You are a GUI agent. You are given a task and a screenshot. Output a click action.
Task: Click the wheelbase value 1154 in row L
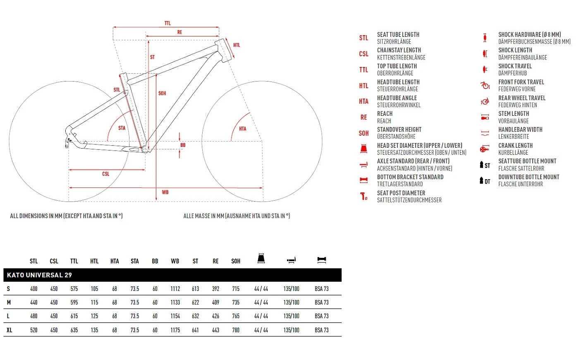coord(175,316)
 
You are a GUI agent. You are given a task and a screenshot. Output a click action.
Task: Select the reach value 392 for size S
coord(215,289)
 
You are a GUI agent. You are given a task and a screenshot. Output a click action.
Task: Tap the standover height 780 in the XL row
coord(236,330)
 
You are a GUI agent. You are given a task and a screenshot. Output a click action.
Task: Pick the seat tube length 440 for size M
coord(34,302)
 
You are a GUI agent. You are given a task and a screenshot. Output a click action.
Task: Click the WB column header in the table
coord(175,261)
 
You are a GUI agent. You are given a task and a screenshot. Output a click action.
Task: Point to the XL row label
coord(9,330)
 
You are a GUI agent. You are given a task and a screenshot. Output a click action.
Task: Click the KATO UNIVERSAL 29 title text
coord(39,275)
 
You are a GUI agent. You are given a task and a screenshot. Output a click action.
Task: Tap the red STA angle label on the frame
coord(122,128)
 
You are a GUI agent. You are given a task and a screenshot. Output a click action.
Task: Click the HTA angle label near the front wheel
coord(242,129)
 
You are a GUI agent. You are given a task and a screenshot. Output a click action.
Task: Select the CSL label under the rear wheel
coord(106,174)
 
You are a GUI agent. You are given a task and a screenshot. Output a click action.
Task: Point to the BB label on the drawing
coord(183,145)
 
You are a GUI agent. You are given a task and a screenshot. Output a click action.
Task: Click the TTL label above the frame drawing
coord(167,23)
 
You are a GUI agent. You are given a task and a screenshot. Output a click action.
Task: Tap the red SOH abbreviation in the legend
coord(364,133)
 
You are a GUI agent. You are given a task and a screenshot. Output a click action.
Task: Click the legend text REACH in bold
coord(385,114)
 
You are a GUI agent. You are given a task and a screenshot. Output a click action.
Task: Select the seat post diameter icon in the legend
coord(364,196)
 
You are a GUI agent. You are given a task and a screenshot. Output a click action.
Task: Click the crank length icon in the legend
coord(485,149)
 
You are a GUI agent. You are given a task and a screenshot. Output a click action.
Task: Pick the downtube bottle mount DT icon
coord(485,180)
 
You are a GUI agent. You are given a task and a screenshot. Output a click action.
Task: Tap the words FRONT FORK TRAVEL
coord(521,82)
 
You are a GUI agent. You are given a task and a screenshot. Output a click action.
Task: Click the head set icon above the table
coord(261,258)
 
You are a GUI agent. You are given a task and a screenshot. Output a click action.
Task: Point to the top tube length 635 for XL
coord(74,330)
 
